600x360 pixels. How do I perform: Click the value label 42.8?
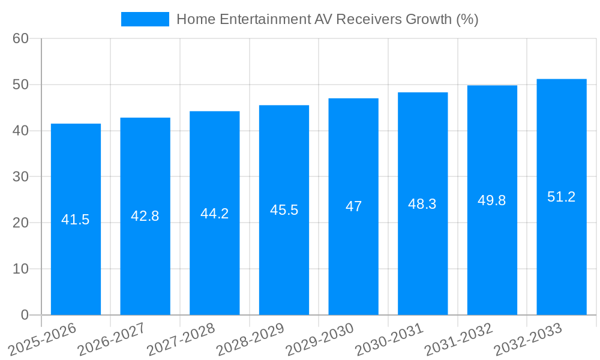145,217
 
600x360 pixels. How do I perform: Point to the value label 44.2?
214,214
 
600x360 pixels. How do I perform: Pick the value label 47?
353,206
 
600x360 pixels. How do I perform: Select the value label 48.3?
422,204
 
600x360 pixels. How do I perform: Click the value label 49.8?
492,200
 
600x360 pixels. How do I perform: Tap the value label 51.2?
562,197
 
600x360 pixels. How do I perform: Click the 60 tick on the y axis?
20,38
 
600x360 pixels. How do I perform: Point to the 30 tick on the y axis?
20,177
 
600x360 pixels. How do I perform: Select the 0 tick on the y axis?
25,315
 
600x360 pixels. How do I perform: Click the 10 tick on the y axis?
20,269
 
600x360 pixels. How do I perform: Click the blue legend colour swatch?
145,19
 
